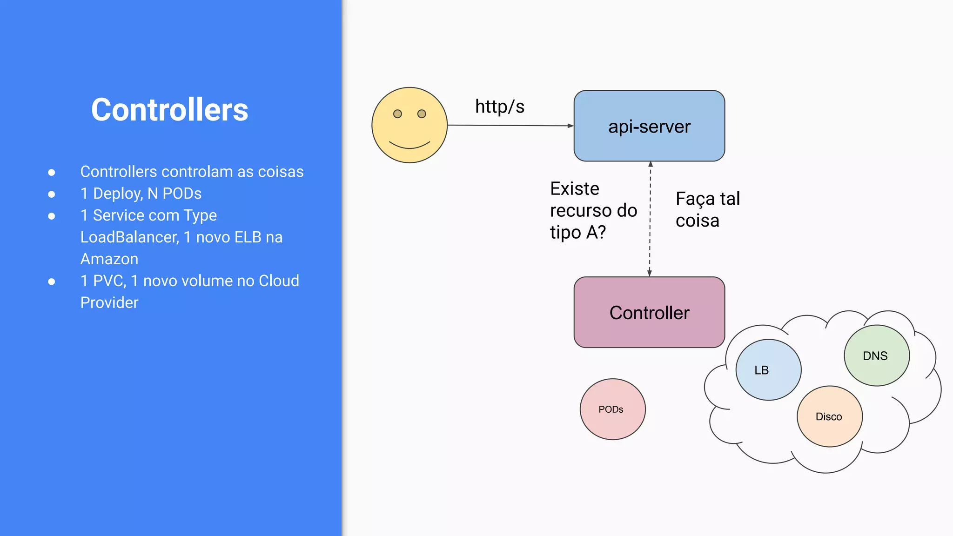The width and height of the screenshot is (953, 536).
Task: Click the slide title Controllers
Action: click(x=169, y=110)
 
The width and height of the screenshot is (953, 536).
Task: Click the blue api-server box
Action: click(x=649, y=126)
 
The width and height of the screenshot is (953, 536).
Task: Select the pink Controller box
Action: click(x=649, y=312)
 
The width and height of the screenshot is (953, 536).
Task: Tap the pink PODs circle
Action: click(x=612, y=409)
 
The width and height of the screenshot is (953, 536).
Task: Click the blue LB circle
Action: click(x=768, y=370)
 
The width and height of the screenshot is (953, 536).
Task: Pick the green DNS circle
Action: click(x=876, y=355)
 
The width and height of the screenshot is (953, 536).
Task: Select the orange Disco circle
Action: click(x=829, y=416)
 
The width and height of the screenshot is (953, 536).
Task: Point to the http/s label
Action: click(x=499, y=107)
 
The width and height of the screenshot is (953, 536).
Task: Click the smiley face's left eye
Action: click(x=397, y=114)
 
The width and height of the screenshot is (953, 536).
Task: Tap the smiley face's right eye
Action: click(x=422, y=114)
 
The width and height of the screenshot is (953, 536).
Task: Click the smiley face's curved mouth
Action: click(x=409, y=146)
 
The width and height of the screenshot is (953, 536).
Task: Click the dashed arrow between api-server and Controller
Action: click(x=650, y=219)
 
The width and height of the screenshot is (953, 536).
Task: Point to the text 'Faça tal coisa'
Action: click(x=707, y=209)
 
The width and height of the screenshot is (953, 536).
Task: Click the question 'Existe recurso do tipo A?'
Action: click(x=593, y=210)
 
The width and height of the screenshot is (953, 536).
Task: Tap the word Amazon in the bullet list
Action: click(x=109, y=259)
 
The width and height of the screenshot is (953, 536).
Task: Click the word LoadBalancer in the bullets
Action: click(x=129, y=237)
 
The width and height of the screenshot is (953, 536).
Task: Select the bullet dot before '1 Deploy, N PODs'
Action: click(x=52, y=194)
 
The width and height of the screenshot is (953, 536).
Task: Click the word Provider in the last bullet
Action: click(x=109, y=302)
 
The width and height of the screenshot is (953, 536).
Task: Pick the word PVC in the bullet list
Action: click(x=109, y=281)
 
